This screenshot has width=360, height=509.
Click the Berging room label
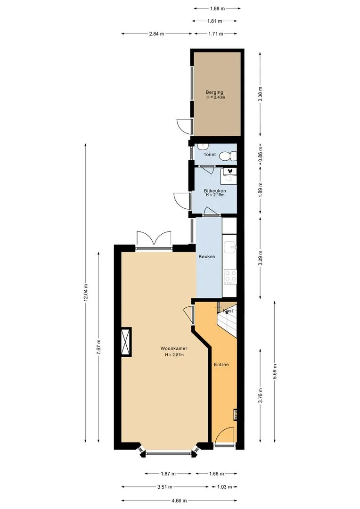(x=214, y=92)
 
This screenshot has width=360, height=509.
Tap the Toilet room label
(x=210, y=155)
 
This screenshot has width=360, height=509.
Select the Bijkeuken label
(x=215, y=190)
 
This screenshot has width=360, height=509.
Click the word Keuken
(x=207, y=256)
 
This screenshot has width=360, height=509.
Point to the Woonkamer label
(x=174, y=349)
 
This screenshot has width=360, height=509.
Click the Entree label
(x=221, y=364)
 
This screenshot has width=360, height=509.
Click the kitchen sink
(x=230, y=248)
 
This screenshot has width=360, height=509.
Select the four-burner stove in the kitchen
(x=230, y=277)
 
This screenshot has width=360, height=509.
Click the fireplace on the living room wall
(x=126, y=342)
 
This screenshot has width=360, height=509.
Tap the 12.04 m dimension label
(x=86, y=293)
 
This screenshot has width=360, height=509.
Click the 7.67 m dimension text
(x=98, y=348)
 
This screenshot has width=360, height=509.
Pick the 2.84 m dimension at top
(x=156, y=33)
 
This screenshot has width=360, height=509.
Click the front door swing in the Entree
(x=224, y=435)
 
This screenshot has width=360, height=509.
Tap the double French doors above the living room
(x=154, y=239)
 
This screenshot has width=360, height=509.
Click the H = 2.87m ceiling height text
(x=174, y=355)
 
